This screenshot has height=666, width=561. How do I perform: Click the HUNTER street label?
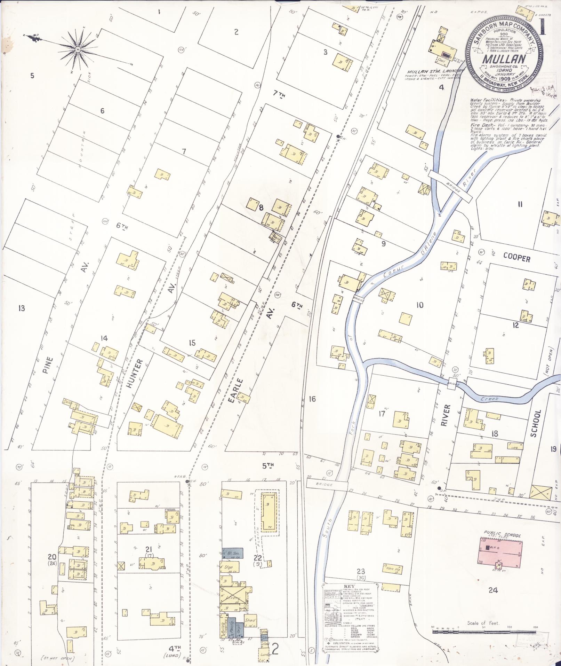138,374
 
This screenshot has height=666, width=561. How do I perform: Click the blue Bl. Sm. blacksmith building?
232,553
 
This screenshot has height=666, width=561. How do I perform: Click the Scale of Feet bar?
484,631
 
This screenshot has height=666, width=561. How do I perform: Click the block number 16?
312,399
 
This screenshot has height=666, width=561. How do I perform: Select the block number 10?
420,305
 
